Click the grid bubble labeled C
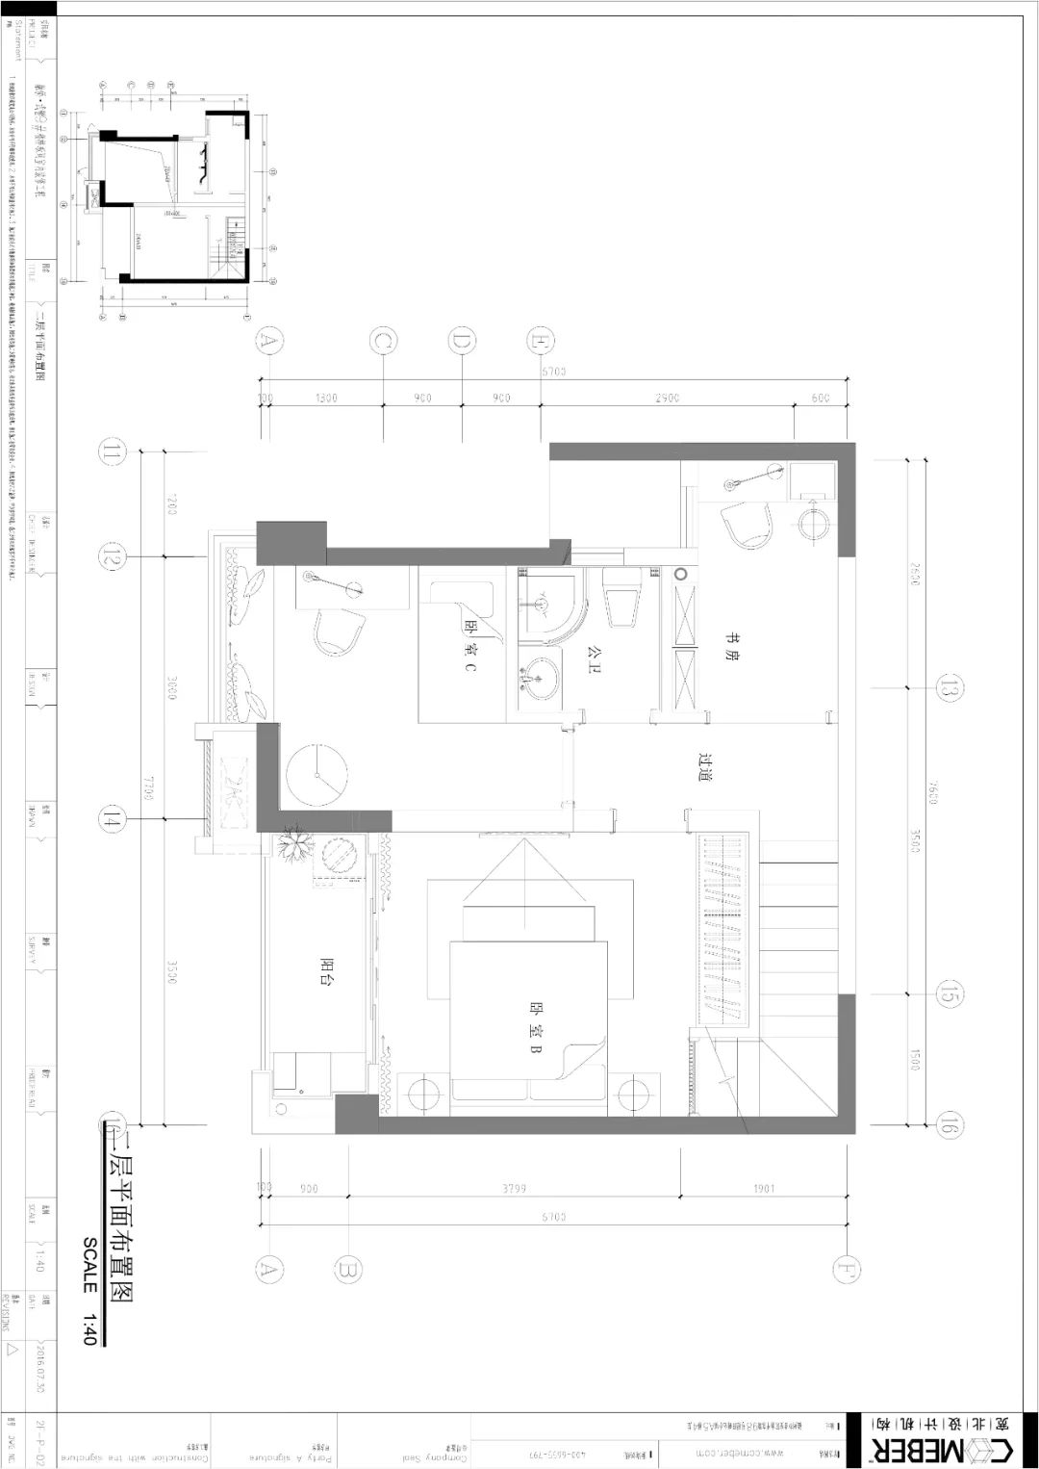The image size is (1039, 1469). [x=383, y=341]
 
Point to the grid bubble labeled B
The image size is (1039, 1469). [x=348, y=1269]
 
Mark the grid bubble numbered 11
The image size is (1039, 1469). [x=114, y=451]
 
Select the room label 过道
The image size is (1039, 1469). [x=707, y=766]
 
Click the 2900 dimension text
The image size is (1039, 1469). [x=666, y=398]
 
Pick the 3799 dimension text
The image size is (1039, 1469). [x=515, y=1189]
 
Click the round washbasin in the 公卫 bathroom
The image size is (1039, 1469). [x=538, y=677]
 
